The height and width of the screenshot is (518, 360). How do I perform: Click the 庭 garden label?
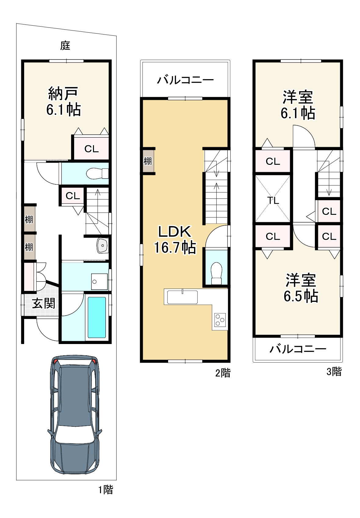(65, 45)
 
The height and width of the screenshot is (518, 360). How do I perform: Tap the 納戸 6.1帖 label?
(63, 102)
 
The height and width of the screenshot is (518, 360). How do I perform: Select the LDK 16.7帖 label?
(175, 240)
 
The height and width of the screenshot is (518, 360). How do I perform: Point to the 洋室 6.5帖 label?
(301, 288)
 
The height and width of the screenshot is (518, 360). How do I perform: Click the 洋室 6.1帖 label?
(298, 105)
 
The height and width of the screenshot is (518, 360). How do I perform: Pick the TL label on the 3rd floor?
(273, 201)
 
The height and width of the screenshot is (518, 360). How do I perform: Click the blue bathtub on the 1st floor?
(97, 317)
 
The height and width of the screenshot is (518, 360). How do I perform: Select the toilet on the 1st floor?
(97, 173)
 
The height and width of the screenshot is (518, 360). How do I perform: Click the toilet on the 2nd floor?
(217, 273)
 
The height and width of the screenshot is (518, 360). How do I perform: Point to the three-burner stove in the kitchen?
(220, 320)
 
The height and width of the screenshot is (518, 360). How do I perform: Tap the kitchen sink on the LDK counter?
(182, 297)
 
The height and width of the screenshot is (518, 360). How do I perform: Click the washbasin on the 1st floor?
(103, 245)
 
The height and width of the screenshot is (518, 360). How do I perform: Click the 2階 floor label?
(223, 373)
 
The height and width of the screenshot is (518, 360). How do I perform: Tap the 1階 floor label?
(106, 490)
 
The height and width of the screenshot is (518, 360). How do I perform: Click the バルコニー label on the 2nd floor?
(185, 80)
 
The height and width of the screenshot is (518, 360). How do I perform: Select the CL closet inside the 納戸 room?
(92, 149)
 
